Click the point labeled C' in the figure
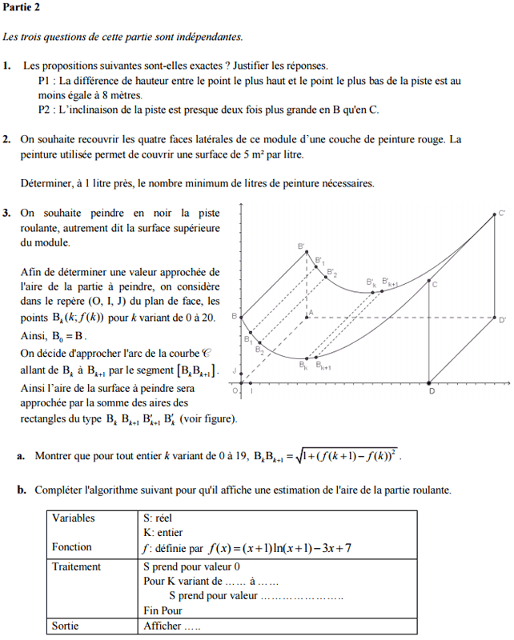pos(495,214)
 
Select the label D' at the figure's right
pos(502,321)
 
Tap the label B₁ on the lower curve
pos(247,340)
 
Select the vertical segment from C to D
pos(430,332)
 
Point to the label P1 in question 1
pos(46,81)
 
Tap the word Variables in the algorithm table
pos(73,518)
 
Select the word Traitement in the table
pos(77,567)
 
